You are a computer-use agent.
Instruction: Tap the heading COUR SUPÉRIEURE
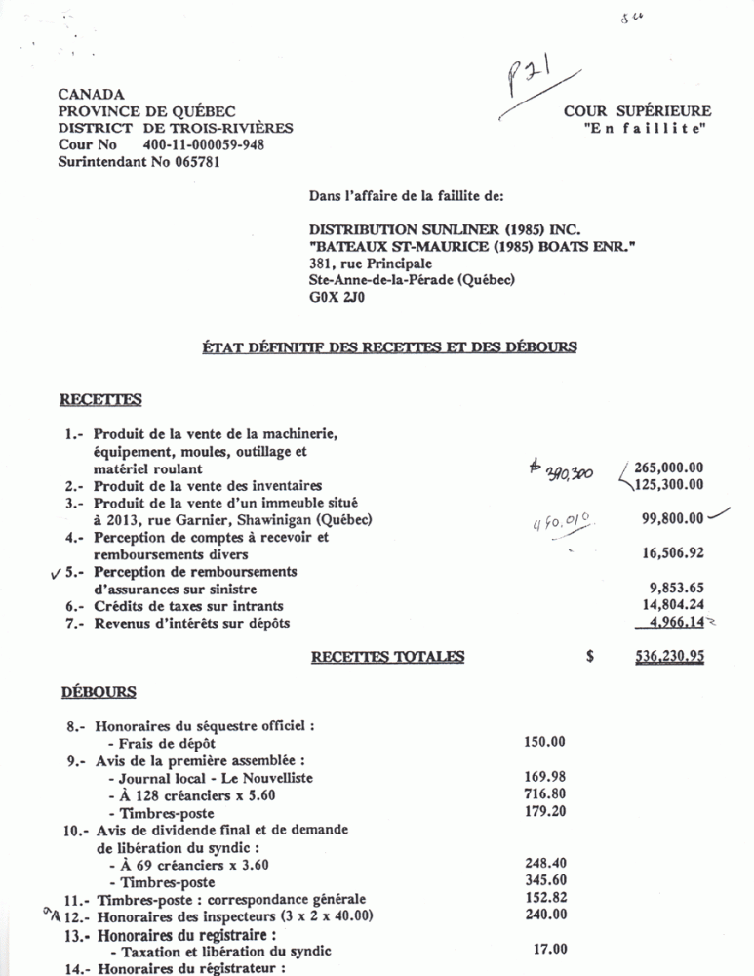(x=637, y=111)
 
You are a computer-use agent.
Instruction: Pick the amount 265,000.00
(x=668, y=468)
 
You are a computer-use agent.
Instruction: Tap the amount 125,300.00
(x=668, y=485)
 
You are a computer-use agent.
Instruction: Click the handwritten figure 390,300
(x=557, y=471)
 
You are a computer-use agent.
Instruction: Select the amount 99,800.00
(x=672, y=519)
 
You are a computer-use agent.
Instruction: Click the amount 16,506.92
(x=673, y=553)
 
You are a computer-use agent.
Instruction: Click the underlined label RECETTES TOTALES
(x=387, y=657)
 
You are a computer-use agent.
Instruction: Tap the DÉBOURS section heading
(x=98, y=692)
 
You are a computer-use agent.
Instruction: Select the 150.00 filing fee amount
(x=544, y=743)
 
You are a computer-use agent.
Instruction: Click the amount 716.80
(x=544, y=794)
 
